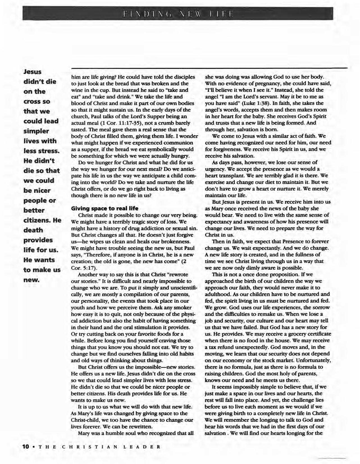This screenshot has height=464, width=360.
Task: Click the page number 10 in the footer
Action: click(26, 446)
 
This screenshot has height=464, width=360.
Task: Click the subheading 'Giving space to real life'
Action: click(104, 208)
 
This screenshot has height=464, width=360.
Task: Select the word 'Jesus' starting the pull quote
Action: click(33, 72)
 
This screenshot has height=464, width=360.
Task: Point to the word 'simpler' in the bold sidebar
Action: click(36, 131)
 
